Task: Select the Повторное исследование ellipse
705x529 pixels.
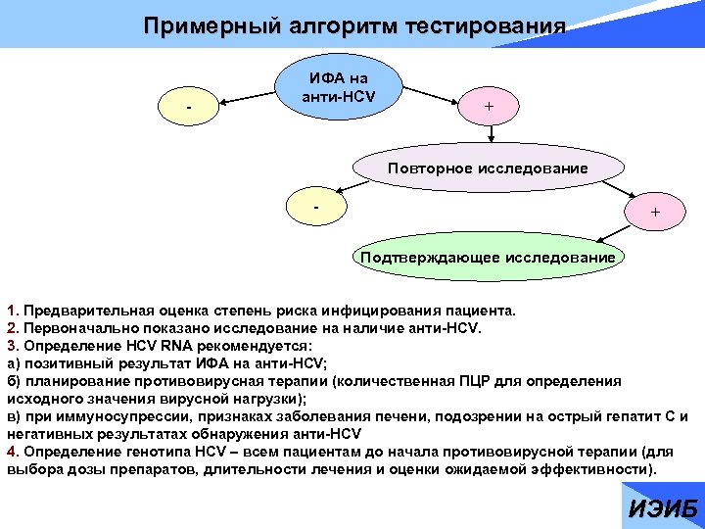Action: tap(488, 168)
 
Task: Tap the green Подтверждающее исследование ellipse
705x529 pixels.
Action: tap(488, 258)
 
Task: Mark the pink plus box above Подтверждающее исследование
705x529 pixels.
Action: tap(654, 212)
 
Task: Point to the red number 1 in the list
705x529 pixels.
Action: tap(11, 312)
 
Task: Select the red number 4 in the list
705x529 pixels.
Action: tap(11, 452)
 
